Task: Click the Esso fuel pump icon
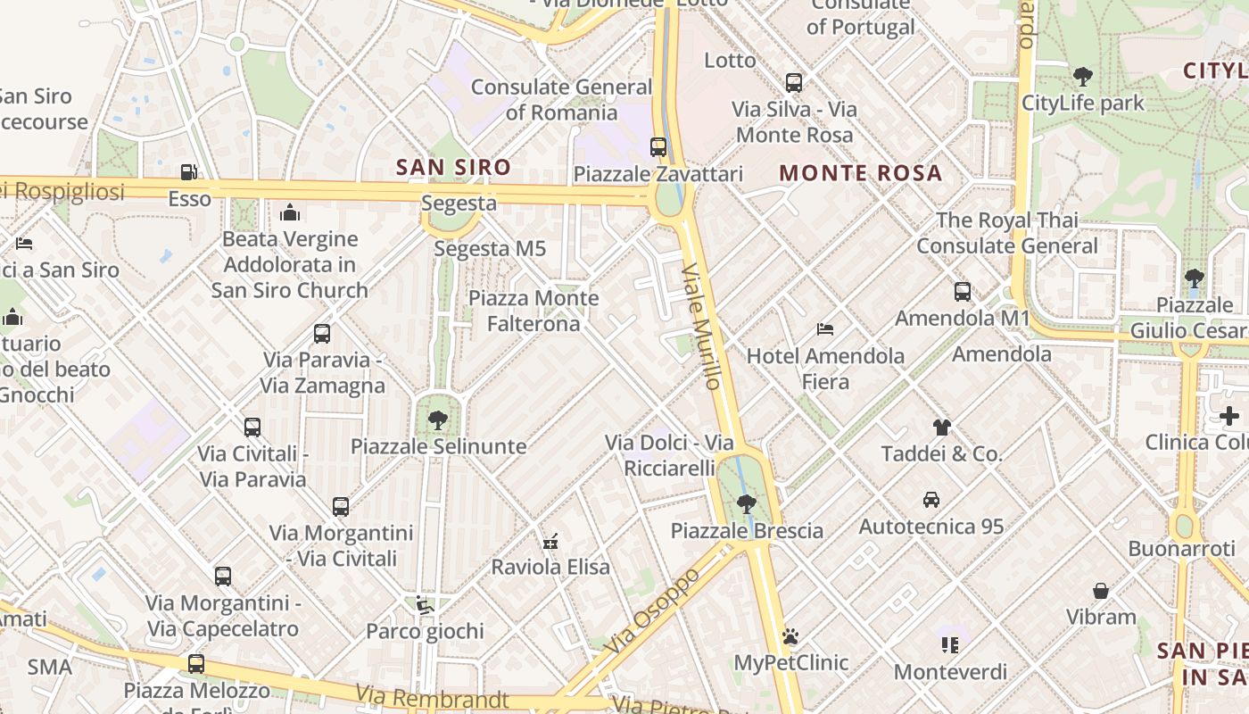coord(188,171)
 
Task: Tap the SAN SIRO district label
coord(453,167)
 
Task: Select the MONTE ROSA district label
coord(861,173)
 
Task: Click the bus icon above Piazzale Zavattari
coord(658,147)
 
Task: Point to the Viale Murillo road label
coord(700,327)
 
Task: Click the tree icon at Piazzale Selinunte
coord(437,419)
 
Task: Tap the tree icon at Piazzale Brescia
coord(747,504)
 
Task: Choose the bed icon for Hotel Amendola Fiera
coord(825,329)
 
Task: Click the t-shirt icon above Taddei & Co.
coord(942,428)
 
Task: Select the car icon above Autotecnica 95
coord(931,500)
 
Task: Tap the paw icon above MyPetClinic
coord(790,636)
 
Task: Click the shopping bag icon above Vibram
coord(1101,591)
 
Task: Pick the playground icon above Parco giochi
coord(425,605)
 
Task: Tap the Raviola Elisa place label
coord(550,567)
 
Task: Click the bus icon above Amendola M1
coord(962,292)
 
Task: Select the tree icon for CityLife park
coord(1083,77)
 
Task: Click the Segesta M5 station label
coord(490,248)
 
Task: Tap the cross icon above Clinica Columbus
coord(1229,416)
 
